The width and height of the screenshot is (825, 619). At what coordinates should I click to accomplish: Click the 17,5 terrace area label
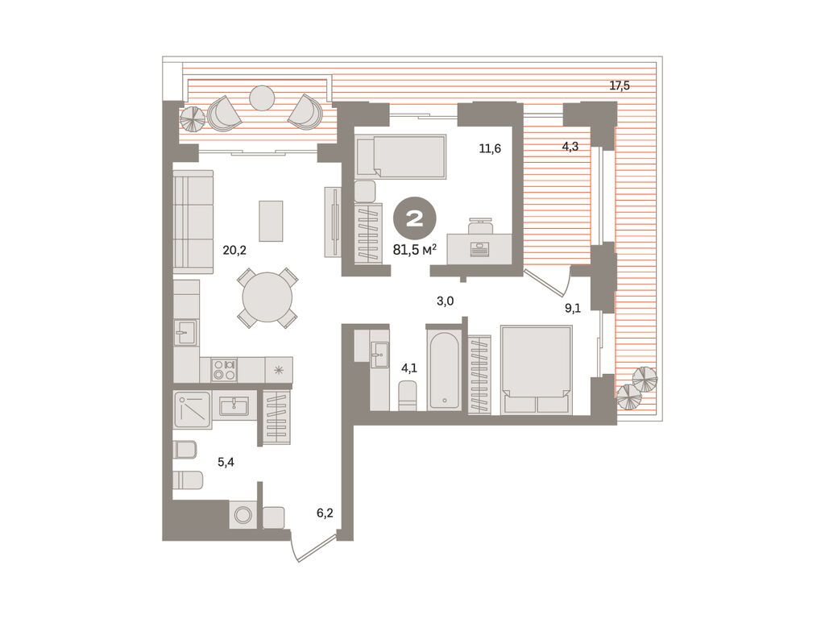[620, 85]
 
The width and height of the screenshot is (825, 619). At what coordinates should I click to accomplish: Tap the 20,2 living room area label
[234, 251]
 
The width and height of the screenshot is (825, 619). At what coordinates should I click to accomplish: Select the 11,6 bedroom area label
[489, 148]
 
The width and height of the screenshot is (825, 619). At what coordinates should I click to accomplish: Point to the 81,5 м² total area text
[415, 250]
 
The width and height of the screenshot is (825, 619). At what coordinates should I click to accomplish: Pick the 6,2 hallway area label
[325, 512]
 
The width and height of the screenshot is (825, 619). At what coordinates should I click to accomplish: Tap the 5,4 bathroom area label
[226, 462]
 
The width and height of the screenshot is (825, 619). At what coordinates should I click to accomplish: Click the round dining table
[267, 297]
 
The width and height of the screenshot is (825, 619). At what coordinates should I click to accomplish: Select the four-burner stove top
[224, 369]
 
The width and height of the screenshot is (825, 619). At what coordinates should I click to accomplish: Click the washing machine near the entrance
[243, 514]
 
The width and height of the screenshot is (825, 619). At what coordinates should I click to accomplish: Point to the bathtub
[445, 370]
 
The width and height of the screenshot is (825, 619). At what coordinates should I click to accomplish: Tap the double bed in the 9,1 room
[537, 369]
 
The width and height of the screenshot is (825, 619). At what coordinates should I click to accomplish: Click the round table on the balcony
[262, 98]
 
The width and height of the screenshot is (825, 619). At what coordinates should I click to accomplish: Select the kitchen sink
[186, 332]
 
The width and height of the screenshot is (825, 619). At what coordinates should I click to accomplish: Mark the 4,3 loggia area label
[570, 147]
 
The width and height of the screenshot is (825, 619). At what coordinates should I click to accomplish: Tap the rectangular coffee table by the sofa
[271, 221]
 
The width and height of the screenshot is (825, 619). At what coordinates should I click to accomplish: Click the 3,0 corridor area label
[445, 301]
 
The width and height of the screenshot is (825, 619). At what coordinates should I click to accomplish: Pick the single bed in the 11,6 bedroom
[401, 156]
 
